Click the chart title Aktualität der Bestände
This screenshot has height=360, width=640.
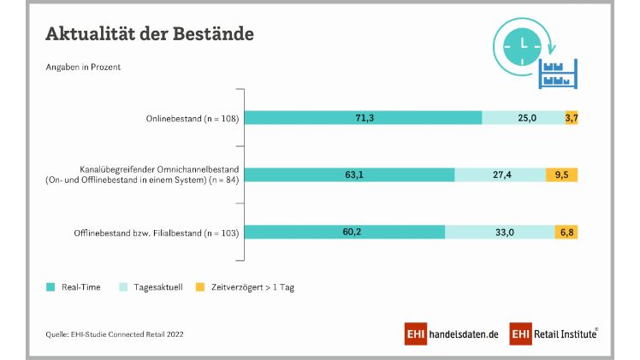point(149,34)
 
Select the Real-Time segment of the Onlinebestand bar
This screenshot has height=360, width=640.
point(364,118)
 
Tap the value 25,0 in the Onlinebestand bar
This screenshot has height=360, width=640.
point(523,118)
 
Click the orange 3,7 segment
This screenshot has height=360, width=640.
point(572,118)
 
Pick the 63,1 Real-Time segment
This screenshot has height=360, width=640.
point(351,174)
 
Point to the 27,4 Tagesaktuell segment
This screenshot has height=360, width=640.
point(500,174)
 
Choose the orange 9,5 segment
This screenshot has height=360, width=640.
point(562,174)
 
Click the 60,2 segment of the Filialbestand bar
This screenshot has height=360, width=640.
point(346,232)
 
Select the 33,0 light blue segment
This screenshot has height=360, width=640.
point(500,232)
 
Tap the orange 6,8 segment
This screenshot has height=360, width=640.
point(566,232)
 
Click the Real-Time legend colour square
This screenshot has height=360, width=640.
point(50,286)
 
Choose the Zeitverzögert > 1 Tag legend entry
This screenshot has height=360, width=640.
point(252,286)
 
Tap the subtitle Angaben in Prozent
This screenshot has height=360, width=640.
point(82,68)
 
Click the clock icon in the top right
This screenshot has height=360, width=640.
point(521,44)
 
